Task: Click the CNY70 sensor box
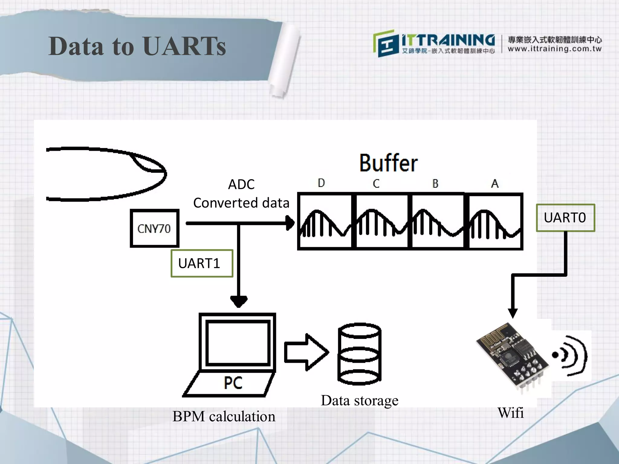[154, 228]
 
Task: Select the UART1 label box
[202, 263]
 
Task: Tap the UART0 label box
[565, 218]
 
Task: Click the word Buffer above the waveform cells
[388, 163]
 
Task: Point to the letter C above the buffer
[376, 183]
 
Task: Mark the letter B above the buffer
[435, 183]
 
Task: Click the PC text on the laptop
[233, 383]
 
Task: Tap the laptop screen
[238, 343]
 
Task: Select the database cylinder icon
[359, 354]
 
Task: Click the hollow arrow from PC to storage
[306, 352]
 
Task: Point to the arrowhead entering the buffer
[290, 223]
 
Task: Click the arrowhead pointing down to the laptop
[239, 301]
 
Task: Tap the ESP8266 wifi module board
[512, 356]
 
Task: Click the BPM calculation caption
[224, 416]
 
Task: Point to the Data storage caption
[359, 401]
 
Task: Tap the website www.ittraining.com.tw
[554, 49]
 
